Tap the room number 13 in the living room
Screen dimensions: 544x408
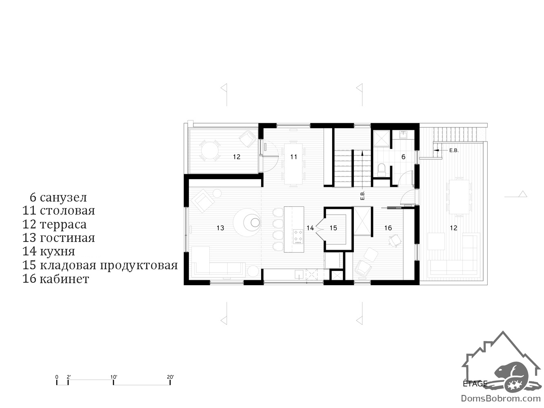220,228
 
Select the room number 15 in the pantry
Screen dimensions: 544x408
333,228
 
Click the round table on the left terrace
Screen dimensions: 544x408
210,150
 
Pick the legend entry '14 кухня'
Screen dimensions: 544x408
49,251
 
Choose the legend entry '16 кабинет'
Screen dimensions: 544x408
56,279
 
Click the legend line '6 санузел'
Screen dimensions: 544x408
58,197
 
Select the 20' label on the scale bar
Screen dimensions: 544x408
170,377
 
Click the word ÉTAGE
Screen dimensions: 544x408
475,384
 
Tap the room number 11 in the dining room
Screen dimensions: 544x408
294,157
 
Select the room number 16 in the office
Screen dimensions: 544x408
388,228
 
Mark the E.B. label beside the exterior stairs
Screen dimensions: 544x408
454,151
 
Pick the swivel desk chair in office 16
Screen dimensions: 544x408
395,240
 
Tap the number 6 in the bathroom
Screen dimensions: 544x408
403,157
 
